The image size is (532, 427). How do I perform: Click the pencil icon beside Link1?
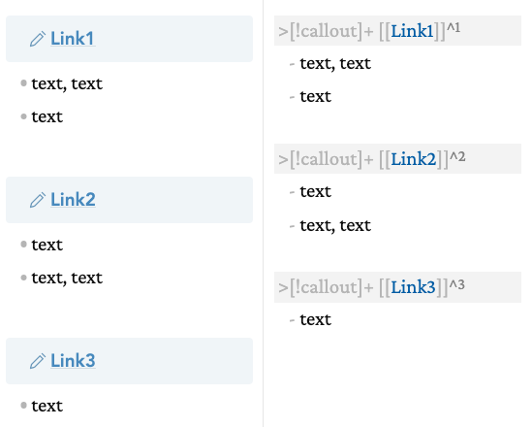(38, 39)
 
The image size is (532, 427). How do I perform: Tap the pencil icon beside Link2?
(38, 200)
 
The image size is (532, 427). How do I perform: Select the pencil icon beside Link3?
(38, 361)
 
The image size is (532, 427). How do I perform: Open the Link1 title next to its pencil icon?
(73, 39)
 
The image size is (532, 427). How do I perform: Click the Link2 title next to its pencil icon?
(73, 199)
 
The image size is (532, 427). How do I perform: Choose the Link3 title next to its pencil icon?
(73, 360)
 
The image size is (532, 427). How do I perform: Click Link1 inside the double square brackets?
(412, 31)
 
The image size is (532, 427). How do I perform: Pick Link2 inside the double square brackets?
(414, 159)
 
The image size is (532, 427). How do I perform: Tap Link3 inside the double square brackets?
(413, 287)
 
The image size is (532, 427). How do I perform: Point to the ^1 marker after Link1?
(454, 27)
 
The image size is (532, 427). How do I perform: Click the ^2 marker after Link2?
(457, 156)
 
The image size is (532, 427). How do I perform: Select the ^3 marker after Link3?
(457, 284)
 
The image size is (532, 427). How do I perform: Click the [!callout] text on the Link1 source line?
(326, 31)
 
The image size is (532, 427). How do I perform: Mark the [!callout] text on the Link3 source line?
(326, 287)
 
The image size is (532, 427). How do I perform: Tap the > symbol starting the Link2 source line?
(283, 160)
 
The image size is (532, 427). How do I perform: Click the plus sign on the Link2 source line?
(369, 160)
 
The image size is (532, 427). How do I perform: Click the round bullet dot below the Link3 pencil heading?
(23, 406)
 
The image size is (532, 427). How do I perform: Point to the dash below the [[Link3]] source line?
(292, 320)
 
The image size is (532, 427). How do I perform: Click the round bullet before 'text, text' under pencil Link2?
(23, 278)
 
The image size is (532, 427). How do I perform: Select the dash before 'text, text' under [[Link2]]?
(292, 226)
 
